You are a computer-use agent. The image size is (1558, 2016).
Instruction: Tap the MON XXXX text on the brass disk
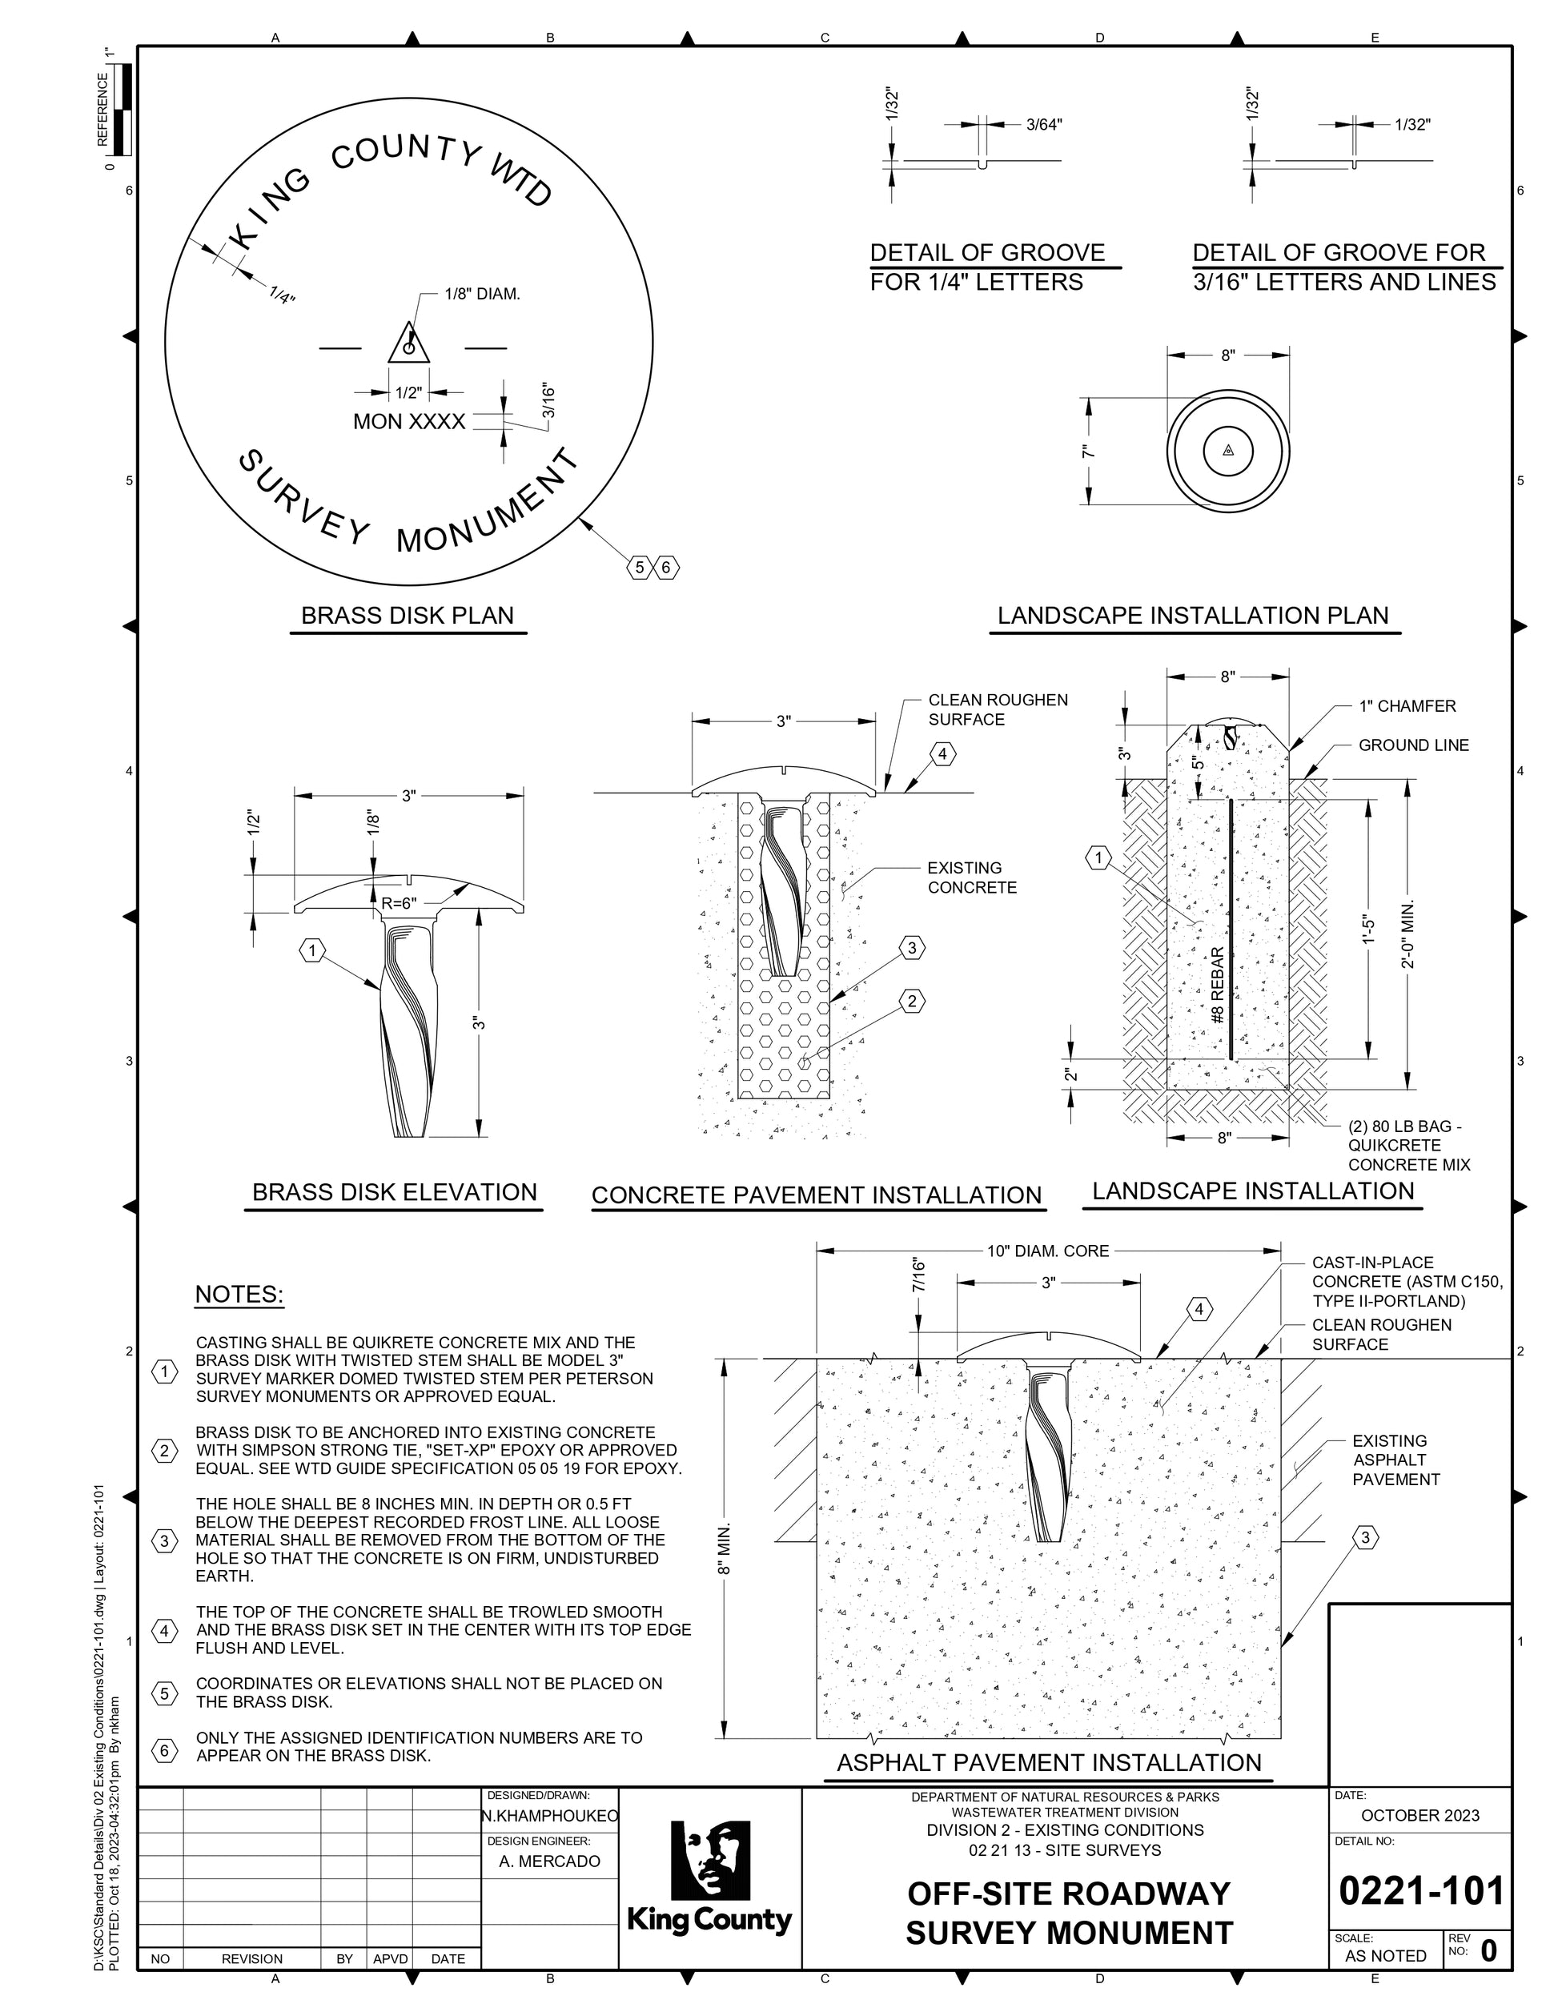pos(409,422)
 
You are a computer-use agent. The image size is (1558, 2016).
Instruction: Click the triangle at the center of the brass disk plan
pos(407,343)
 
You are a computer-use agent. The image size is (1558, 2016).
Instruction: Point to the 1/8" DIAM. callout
pos(482,295)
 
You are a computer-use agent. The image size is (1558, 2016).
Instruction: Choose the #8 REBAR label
pos(1218,985)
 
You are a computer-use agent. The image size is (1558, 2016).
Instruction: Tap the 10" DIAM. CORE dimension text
pos(1047,1251)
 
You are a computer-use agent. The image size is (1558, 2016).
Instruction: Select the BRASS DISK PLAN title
pos(407,616)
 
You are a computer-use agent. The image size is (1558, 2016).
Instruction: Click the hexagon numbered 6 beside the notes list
pos(164,1751)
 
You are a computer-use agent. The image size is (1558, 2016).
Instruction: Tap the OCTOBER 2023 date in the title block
pos(1419,1816)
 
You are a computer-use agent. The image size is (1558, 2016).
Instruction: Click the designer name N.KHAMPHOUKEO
pos(550,1817)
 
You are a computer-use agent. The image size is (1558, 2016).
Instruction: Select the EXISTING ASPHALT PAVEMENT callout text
pos(1395,1460)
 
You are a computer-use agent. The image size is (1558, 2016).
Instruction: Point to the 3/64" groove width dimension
pos(1044,125)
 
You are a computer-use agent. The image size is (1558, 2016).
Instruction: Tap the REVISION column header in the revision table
pos(252,1959)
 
